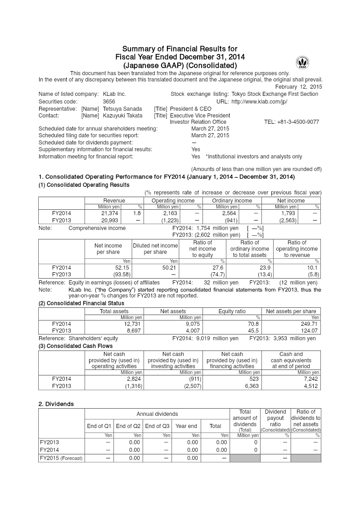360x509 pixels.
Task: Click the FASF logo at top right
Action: click(x=302, y=63)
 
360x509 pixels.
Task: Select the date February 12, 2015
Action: click(x=299, y=86)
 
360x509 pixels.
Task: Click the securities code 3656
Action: click(x=109, y=102)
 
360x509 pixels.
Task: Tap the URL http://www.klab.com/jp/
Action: click(x=259, y=102)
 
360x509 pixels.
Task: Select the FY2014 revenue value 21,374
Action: click(x=111, y=213)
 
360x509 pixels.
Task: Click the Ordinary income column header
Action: click(x=232, y=201)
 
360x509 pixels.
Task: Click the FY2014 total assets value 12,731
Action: click(x=133, y=324)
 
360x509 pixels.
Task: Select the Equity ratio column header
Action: click(x=232, y=311)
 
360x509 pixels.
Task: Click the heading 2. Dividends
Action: click(x=56, y=404)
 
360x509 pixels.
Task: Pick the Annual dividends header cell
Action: click(x=157, y=414)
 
